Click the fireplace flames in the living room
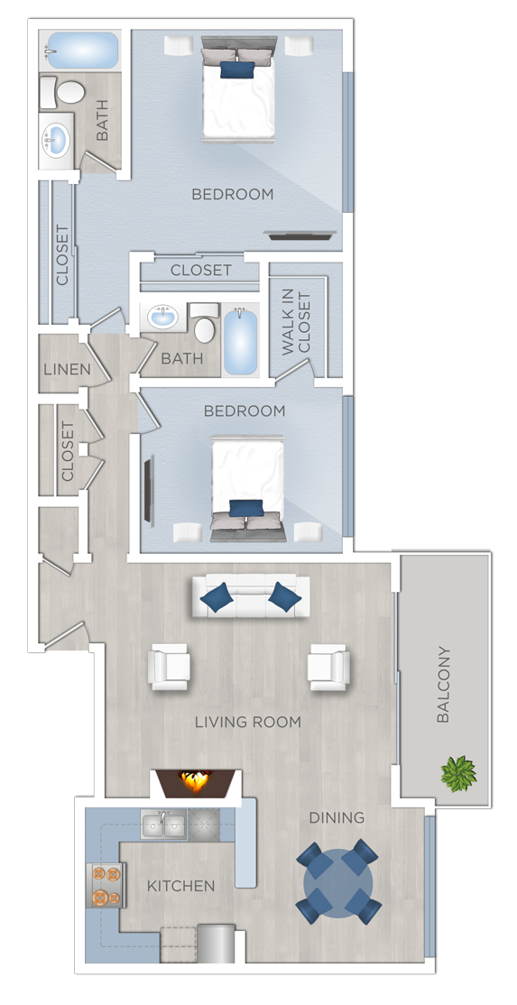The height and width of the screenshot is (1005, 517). click(x=196, y=781)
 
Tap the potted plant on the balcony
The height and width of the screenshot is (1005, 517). click(x=457, y=773)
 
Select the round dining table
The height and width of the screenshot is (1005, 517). click(x=337, y=881)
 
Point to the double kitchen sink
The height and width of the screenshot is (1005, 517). click(x=163, y=825)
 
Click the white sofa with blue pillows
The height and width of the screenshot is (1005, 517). click(x=250, y=596)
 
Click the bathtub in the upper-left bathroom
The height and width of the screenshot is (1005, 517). click(x=81, y=51)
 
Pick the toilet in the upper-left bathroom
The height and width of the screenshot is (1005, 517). click(x=66, y=92)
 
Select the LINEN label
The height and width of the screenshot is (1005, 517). click(x=67, y=369)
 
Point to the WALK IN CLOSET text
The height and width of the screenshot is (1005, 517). click(x=296, y=323)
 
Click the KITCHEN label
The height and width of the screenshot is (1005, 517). click(x=181, y=886)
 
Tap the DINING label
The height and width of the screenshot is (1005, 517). click(x=337, y=817)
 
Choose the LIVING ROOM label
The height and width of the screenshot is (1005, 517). click(x=248, y=722)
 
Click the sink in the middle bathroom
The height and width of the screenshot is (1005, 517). click(x=163, y=318)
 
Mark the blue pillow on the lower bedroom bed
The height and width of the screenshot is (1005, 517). click(x=246, y=508)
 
